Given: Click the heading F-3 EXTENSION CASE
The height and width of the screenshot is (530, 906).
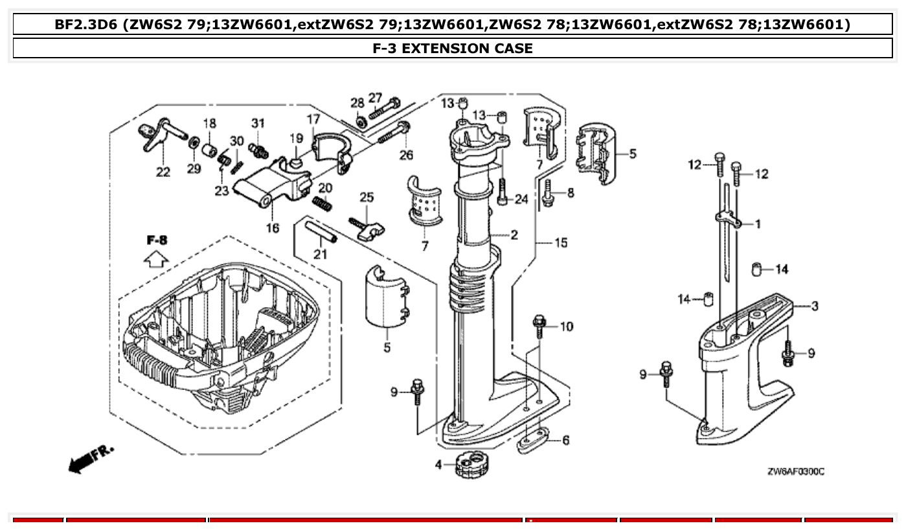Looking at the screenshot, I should [453, 48].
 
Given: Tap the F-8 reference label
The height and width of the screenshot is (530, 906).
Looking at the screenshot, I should [156, 240].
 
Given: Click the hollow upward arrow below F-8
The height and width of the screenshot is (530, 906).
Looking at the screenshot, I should [155, 260].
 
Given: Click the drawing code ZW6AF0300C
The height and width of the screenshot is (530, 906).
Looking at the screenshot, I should [795, 472].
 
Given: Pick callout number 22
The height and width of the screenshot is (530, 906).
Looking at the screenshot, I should [163, 172].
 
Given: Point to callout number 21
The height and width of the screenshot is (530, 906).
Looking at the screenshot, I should [320, 255].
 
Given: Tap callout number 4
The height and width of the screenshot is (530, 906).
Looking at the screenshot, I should [438, 465].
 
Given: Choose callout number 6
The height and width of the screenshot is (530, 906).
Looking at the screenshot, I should [565, 441].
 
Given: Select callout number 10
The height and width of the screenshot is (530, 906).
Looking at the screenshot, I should [566, 327].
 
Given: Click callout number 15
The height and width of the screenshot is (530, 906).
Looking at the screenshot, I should [560, 243].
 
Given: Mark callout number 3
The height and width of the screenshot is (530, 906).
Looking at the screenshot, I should [814, 306].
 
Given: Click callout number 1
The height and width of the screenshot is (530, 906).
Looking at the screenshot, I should [758, 224].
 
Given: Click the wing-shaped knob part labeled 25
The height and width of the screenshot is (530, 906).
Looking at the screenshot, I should [369, 229].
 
